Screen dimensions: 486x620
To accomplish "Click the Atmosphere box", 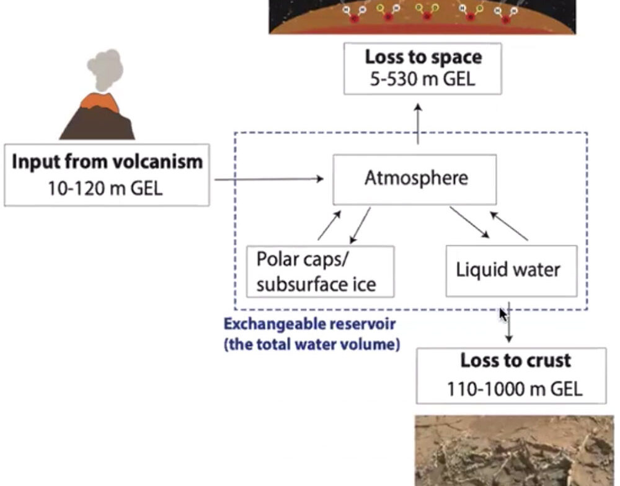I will pyautogui.click(x=415, y=179).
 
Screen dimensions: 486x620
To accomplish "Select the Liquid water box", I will pyautogui.click(x=511, y=271).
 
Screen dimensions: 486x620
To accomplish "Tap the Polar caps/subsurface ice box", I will pyautogui.click(x=320, y=271).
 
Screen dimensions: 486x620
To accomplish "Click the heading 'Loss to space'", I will pyautogui.click(x=423, y=57).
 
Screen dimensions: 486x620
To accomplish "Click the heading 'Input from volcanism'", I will pyautogui.click(x=107, y=162).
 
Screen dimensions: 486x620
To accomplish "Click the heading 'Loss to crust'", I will pyautogui.click(x=515, y=361).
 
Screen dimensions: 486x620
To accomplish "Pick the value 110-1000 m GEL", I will pyautogui.click(x=515, y=389).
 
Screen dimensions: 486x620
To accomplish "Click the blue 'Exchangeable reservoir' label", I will pyautogui.click(x=309, y=324).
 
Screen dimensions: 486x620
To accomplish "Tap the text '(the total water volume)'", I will pyautogui.click(x=311, y=343).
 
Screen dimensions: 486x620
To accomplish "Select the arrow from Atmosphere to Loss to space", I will pyautogui.click(x=418, y=124).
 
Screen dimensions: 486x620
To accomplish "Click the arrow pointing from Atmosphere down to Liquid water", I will pyautogui.click(x=469, y=222).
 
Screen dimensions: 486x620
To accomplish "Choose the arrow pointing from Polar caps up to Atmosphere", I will pyautogui.click(x=329, y=225).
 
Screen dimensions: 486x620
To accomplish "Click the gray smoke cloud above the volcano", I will pyautogui.click(x=105, y=68).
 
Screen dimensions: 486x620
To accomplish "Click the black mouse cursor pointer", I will pyautogui.click(x=503, y=313).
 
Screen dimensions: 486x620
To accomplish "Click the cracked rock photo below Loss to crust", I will pyautogui.click(x=514, y=450).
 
